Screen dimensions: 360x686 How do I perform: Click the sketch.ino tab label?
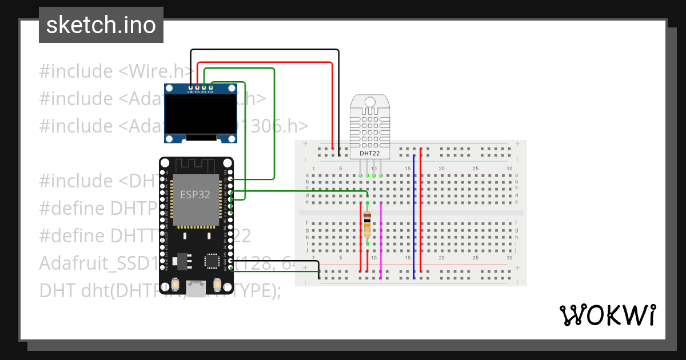(x=101, y=25)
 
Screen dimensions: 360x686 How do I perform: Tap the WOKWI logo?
(x=607, y=315)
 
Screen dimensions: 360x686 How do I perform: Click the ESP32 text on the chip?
(x=196, y=194)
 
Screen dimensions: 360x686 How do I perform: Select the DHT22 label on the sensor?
(x=369, y=153)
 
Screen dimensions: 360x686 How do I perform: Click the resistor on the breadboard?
(x=367, y=223)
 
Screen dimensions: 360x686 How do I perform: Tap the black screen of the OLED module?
(x=200, y=114)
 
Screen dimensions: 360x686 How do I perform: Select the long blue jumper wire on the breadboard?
(x=414, y=217)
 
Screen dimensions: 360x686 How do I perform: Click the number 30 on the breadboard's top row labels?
(x=509, y=169)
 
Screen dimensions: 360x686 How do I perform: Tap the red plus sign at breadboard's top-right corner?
(x=517, y=143)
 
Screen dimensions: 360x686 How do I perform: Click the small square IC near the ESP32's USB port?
(x=212, y=261)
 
